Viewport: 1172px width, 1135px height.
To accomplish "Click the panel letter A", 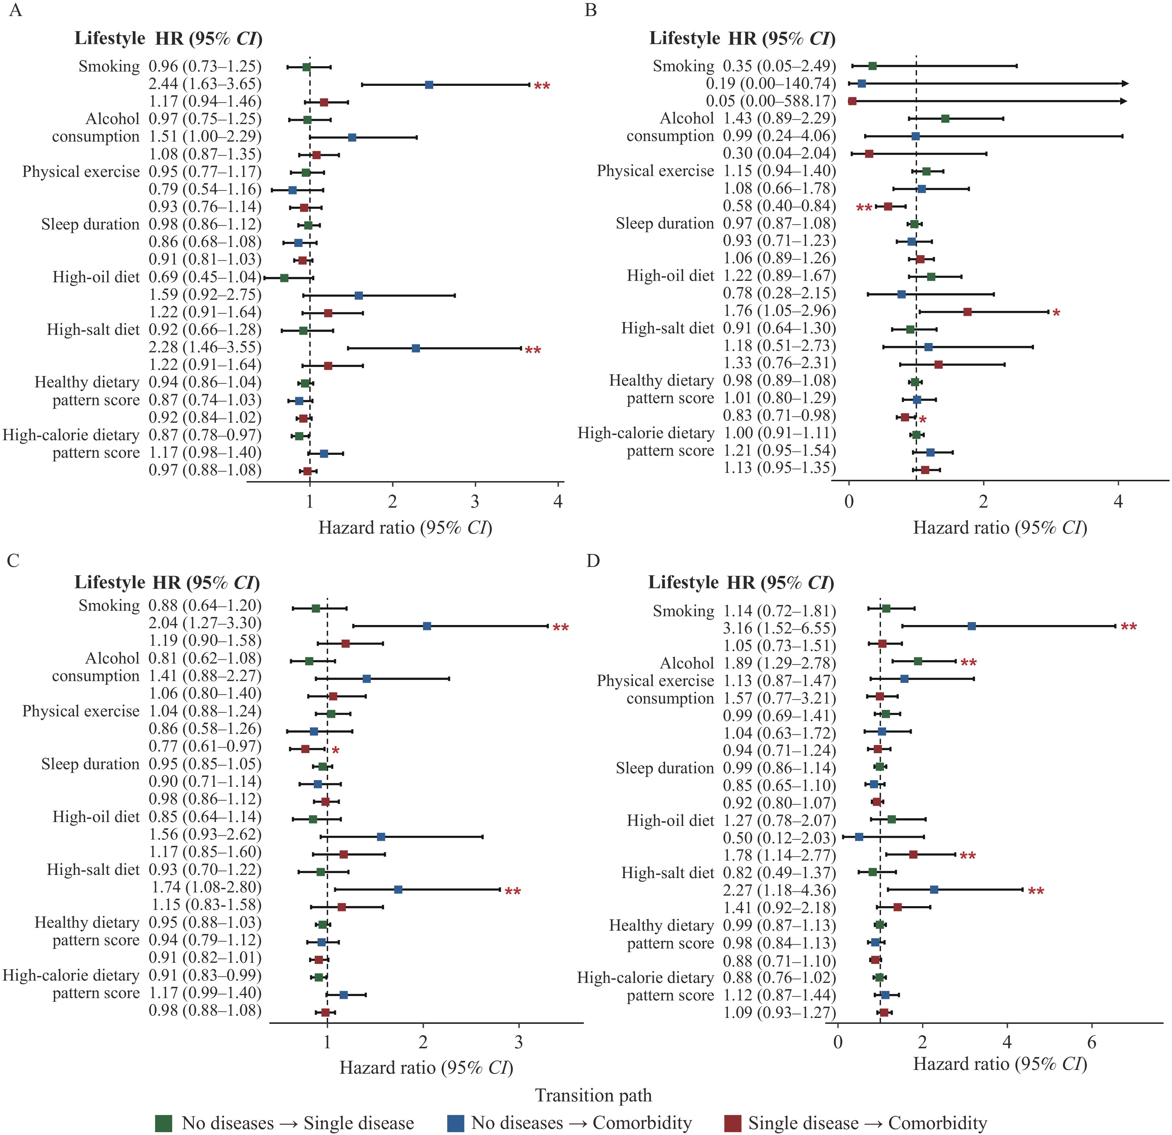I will [x=15, y=11].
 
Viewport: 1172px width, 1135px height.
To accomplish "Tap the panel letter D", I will [x=593, y=561].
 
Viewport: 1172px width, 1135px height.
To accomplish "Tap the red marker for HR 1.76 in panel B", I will [x=967, y=311].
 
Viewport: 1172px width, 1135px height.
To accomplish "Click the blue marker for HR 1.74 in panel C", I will [x=398, y=889].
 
